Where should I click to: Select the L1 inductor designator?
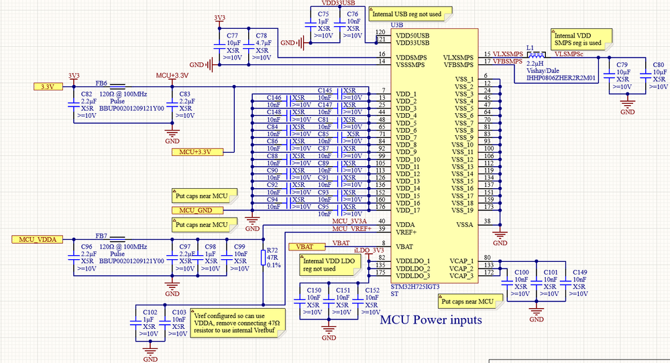coord(530,48)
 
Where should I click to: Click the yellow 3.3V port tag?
coord(48,86)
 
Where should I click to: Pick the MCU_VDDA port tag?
coord(37,239)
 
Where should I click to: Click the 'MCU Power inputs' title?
coord(431,320)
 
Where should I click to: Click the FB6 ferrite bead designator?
coord(101,83)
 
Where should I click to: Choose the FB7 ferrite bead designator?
coord(101,236)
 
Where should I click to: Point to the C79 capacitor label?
coord(623,65)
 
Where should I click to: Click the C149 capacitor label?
coord(580,273)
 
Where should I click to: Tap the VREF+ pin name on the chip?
coord(407,232)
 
